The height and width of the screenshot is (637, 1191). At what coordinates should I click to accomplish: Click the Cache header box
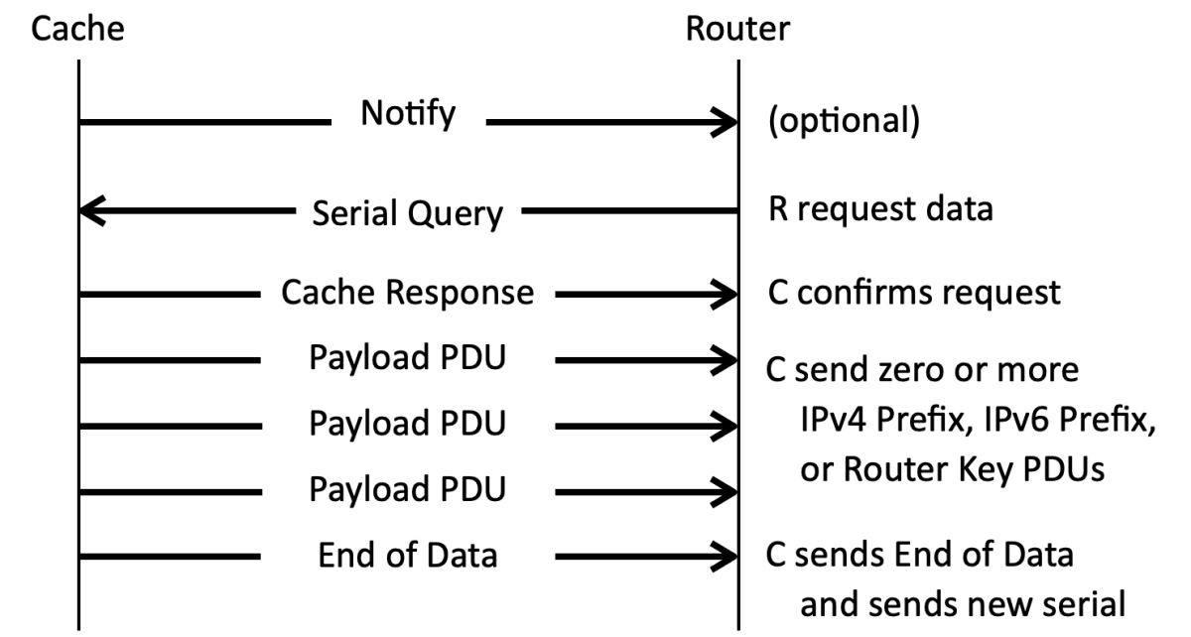(78, 28)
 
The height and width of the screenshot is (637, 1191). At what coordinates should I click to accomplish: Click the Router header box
(737, 28)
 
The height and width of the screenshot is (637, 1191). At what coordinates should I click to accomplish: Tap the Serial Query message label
(408, 213)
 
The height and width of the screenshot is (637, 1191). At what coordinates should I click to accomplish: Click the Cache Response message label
(408, 293)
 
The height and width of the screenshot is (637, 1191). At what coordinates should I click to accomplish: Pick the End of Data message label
(408, 556)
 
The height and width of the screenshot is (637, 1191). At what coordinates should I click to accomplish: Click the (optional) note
(845, 121)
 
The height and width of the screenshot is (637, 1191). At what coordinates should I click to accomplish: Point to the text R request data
(880, 210)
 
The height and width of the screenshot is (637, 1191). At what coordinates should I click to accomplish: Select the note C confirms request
(914, 293)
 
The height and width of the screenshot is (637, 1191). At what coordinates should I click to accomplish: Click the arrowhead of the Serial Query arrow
(91, 211)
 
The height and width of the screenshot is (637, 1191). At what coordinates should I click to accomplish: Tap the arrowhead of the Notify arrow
(725, 122)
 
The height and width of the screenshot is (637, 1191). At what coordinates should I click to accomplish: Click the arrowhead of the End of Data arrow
(725, 556)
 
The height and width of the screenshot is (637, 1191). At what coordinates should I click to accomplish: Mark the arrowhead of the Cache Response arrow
(725, 294)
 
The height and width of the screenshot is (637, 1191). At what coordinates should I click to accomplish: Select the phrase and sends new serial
(963, 604)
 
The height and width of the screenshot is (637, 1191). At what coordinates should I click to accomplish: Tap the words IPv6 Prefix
(1067, 421)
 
